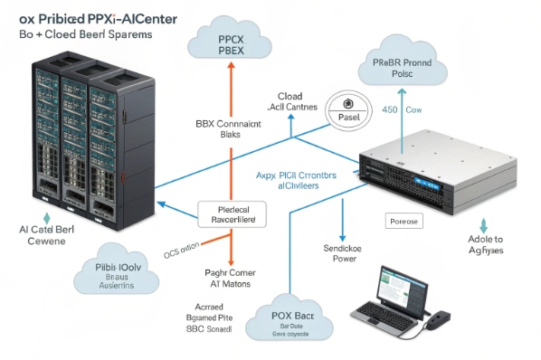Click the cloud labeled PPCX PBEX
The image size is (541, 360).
pyautogui.click(x=231, y=41)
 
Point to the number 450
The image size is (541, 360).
pyautogui.click(x=390, y=111)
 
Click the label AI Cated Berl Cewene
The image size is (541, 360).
pyautogui.click(x=44, y=235)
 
